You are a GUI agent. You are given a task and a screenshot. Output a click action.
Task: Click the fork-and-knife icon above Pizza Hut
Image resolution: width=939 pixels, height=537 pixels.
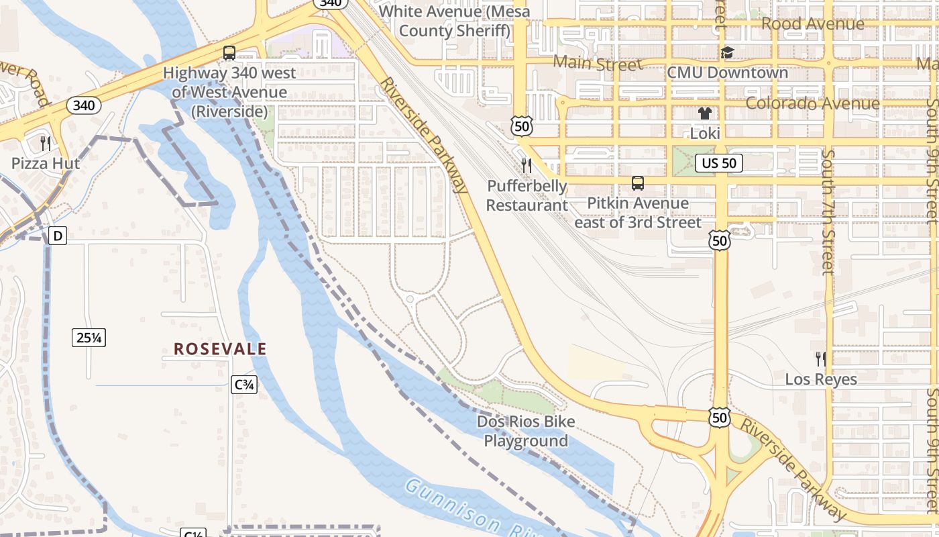click(45, 142)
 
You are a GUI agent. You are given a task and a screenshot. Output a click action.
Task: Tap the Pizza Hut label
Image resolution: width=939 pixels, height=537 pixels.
click(46, 163)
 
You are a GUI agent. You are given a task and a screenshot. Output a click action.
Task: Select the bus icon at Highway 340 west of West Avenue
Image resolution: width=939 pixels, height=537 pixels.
click(229, 53)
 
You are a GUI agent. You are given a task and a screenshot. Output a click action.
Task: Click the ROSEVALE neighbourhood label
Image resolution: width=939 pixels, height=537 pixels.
click(220, 349)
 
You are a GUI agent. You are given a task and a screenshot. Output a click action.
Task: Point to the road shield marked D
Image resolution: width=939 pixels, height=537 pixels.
click(58, 236)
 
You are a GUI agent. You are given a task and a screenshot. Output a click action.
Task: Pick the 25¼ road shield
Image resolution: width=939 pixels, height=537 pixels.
click(89, 338)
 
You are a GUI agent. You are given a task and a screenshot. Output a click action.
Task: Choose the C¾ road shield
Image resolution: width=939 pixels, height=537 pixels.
click(244, 385)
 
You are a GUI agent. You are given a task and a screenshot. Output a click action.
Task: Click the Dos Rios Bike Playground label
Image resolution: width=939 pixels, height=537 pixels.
click(526, 431)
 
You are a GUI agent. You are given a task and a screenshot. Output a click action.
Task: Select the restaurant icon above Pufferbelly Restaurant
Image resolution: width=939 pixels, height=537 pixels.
click(527, 165)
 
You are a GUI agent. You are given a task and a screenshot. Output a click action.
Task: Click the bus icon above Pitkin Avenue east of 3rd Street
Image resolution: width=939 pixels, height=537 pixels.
click(638, 183)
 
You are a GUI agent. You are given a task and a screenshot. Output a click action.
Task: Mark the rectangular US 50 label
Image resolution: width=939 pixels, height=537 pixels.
click(719, 162)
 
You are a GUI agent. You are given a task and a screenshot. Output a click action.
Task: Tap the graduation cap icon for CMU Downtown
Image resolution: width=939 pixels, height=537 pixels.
click(728, 53)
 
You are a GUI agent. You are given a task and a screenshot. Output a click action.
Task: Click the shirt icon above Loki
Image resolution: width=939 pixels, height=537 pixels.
click(704, 113)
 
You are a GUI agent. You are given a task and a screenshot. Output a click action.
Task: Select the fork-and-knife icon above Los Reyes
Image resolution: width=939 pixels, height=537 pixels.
click(820, 358)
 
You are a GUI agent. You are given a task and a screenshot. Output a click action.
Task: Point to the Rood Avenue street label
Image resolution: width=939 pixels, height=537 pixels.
click(813, 24)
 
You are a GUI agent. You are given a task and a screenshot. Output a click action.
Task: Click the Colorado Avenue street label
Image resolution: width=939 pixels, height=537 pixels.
click(812, 103)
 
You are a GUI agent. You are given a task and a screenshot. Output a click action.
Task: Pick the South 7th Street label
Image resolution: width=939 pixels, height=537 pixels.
click(829, 212)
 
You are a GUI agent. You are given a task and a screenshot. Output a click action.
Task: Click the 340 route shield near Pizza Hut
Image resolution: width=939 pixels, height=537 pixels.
click(84, 105)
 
